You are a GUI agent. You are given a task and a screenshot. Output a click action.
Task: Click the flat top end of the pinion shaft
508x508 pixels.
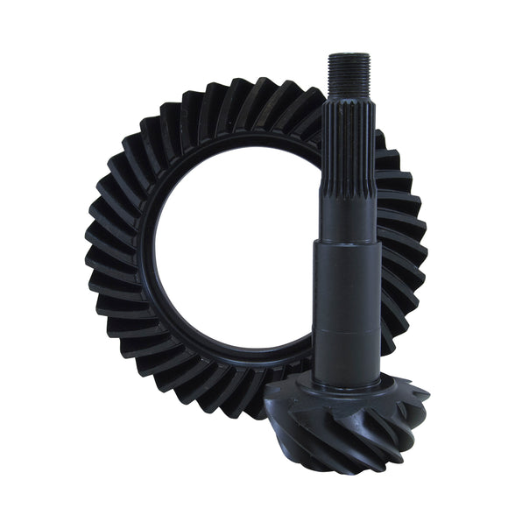point(348,54)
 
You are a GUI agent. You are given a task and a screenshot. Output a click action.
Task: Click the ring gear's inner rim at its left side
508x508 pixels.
point(140,254)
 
